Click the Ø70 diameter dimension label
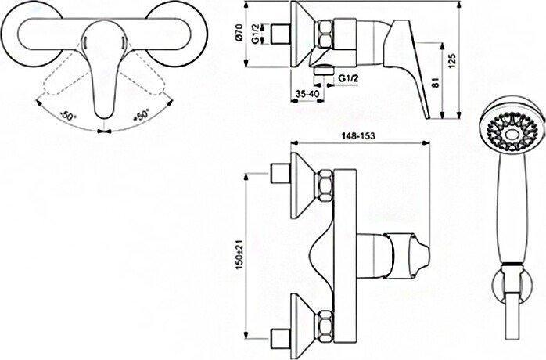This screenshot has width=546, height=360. [x=239, y=34]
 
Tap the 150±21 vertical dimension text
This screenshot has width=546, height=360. [x=239, y=256]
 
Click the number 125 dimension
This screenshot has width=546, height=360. [x=452, y=60]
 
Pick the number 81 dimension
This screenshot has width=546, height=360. [x=434, y=82]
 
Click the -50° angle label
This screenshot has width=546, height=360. [x=67, y=115]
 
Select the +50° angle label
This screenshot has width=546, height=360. [x=142, y=115]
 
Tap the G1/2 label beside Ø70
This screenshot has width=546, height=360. [x=257, y=34]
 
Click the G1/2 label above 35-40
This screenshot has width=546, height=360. [x=348, y=78]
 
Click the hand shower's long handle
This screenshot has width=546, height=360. [x=511, y=209]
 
